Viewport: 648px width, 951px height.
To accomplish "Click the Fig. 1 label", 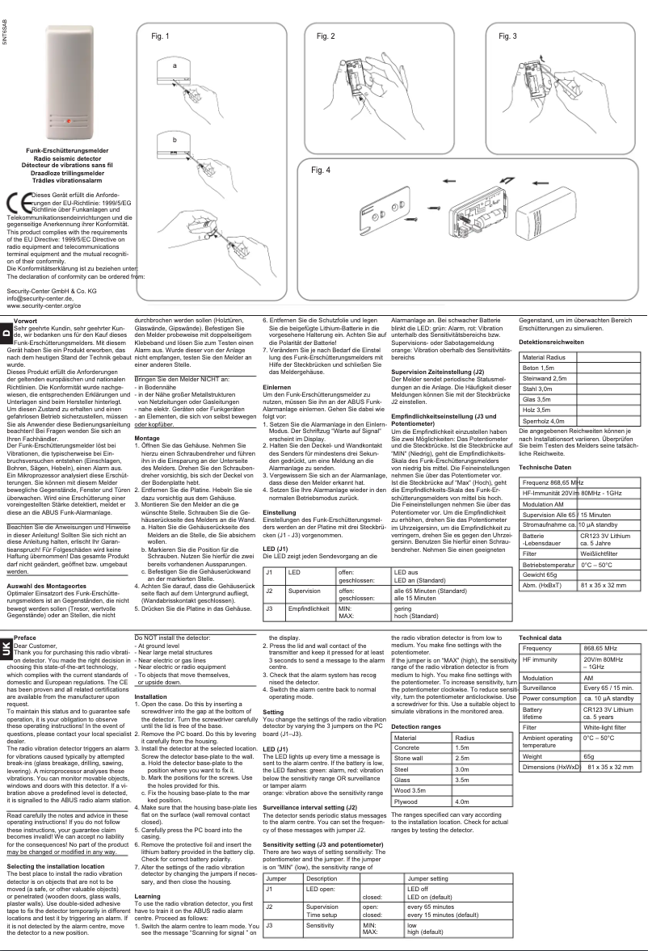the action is [x=162, y=37].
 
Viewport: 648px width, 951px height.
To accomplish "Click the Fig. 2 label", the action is [x=325, y=37].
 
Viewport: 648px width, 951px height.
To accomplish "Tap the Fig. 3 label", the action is [x=509, y=37].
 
